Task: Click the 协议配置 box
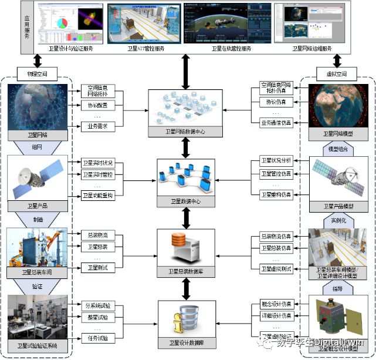98,106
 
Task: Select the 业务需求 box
98,126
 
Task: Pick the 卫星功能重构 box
98,195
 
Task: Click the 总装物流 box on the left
98,234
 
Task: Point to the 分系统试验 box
98,306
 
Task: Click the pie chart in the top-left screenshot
63,24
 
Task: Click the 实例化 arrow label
333,220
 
